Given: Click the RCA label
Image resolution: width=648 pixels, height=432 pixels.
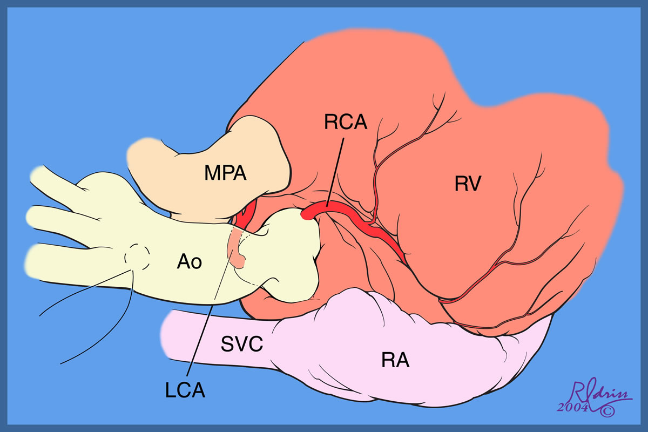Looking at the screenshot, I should tap(346, 123).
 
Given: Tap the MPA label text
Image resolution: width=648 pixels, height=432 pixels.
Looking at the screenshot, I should tap(226, 173).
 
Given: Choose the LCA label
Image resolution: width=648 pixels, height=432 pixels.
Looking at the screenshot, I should tap(185, 389).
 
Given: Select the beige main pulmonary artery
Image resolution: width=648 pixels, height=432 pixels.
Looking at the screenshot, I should tap(216, 162).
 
